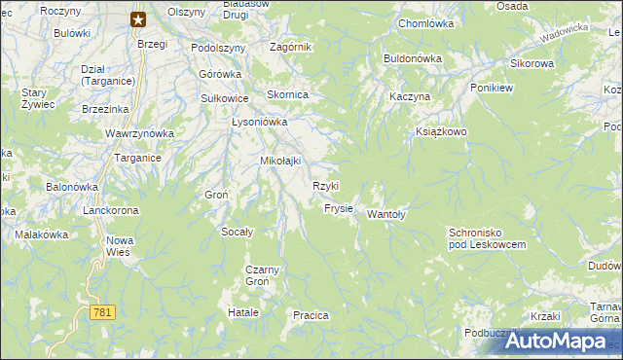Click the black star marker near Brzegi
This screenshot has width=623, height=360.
click(138, 18)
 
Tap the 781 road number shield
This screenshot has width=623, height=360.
click(103, 312)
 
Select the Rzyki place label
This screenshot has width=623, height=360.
click(325, 186)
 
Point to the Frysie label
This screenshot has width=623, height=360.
click(338, 208)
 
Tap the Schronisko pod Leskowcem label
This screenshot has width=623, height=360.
click(487, 238)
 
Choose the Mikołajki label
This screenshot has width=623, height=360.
click(280, 161)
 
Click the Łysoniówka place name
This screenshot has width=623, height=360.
click(259, 123)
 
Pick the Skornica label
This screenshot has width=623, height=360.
click(288, 94)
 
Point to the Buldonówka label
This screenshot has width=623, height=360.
click(413, 58)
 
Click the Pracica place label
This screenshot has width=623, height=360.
click(311, 315)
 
